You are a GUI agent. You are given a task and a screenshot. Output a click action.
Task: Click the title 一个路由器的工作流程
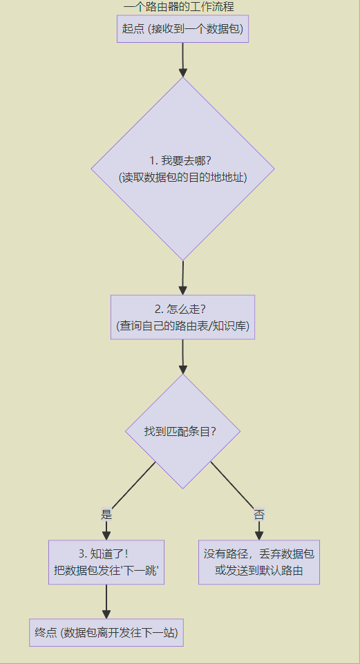pos(182,7)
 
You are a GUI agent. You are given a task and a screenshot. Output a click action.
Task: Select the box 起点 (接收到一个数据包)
pos(182,29)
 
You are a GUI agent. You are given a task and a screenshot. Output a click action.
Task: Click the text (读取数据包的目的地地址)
pos(182,177)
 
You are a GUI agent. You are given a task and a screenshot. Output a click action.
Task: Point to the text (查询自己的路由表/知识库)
pos(182,325)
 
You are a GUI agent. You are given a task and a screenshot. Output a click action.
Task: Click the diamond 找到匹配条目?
pos(182,431)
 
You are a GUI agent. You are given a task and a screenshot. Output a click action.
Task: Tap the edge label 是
pos(106,514)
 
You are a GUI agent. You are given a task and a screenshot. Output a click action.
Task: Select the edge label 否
pos(259,514)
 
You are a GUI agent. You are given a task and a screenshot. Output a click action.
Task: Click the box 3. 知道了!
pos(106,554)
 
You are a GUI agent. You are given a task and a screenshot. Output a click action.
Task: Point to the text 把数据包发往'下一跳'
pos(106,571)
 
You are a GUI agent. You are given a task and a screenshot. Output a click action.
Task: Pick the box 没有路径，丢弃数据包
pos(259,554)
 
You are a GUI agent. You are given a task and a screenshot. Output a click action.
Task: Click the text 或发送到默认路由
pos(259,571)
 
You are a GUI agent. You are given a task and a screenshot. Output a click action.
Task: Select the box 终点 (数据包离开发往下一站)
pos(106,632)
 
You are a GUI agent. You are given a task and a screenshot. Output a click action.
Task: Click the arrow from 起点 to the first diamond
pos(183,59)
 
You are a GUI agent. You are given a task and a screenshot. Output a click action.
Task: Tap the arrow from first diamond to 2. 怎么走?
pos(182,278)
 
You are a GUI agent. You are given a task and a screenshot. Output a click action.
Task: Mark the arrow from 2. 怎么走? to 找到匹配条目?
pos(182,357)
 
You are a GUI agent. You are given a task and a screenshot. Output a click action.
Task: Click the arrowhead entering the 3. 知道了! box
pos(106,535)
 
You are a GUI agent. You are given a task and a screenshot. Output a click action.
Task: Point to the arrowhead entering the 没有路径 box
pos(259,535)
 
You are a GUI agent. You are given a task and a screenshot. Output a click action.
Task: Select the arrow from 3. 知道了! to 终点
pos(106,601)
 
